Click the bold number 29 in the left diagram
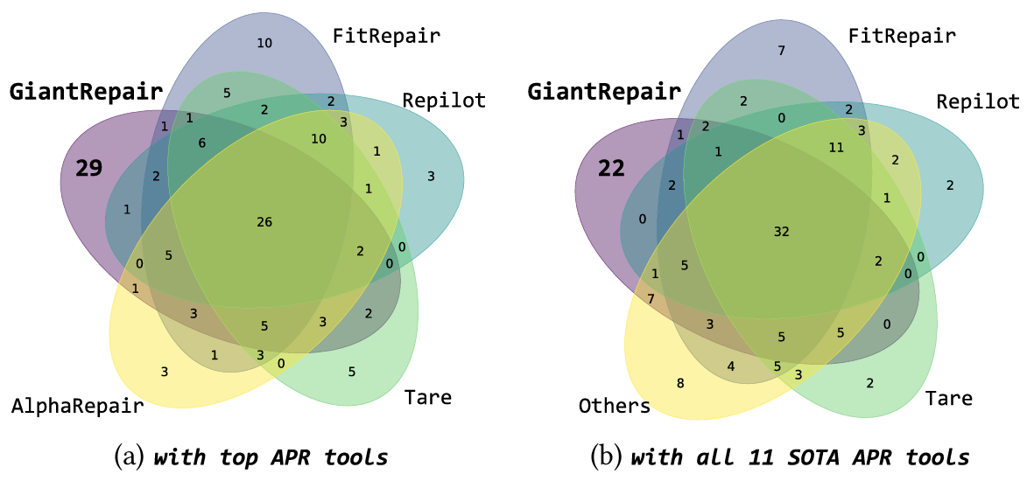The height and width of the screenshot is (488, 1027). pyautogui.click(x=88, y=168)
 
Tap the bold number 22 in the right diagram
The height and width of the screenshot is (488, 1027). pyautogui.click(x=610, y=168)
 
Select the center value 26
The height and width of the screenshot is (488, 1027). pyautogui.click(x=264, y=222)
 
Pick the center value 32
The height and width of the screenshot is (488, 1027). pyautogui.click(x=782, y=231)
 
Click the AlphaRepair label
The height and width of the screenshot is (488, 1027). pyautogui.click(x=77, y=405)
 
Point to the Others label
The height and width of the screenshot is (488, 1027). pyautogui.click(x=614, y=406)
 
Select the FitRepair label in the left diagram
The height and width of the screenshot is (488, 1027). pyautogui.click(x=386, y=36)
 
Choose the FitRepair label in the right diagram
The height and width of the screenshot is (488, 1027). pyautogui.click(x=902, y=36)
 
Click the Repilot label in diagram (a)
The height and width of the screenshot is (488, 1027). pyautogui.click(x=444, y=100)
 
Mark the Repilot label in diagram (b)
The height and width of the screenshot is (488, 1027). pyautogui.click(x=977, y=101)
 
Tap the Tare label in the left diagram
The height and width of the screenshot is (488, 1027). pyautogui.click(x=427, y=397)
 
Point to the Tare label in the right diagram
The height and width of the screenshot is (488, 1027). pyautogui.click(x=948, y=398)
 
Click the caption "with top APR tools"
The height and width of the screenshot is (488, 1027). pyautogui.click(x=271, y=457)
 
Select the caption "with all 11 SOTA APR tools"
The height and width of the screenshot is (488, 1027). pyautogui.click(x=799, y=457)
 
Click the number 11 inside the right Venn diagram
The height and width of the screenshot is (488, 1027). pyautogui.click(x=835, y=148)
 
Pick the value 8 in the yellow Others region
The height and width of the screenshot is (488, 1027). pyautogui.click(x=681, y=382)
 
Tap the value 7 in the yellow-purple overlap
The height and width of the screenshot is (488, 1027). pyautogui.click(x=651, y=299)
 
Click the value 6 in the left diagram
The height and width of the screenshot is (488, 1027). pyautogui.click(x=202, y=143)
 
